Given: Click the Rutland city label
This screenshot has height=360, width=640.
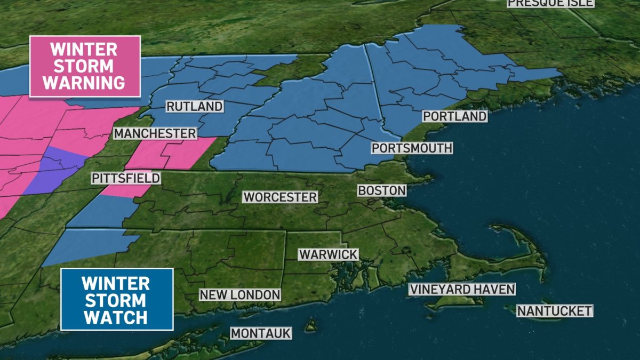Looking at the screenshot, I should point(194,107).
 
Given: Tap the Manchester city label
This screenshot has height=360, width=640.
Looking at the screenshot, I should point(155,133).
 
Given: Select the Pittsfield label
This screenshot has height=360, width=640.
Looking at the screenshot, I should point(125,178).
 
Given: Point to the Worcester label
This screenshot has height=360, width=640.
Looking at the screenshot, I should point(280,197).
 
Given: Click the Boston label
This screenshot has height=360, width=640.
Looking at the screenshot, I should point(382,190).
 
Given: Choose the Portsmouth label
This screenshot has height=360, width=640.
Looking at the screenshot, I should point(412,148).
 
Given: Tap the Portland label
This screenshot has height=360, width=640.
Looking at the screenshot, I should point(454,116).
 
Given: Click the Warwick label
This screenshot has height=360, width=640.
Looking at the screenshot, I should point(328,254).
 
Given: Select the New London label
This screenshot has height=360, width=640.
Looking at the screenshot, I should point(239,294).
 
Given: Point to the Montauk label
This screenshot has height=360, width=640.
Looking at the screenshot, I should point(261,333).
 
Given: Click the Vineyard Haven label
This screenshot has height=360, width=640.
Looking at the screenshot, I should point(462,290).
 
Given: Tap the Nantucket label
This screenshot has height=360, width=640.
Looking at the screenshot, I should point(555,310).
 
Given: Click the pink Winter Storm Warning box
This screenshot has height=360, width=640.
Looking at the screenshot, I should point(85,66).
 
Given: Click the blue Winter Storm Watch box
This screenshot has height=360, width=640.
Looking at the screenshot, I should point(117,299).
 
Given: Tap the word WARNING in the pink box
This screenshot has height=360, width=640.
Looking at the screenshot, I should point(85,83).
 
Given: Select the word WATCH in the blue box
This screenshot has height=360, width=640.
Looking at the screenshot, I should point(116,317).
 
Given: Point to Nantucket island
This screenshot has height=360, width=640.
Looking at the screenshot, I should point(528,306).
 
